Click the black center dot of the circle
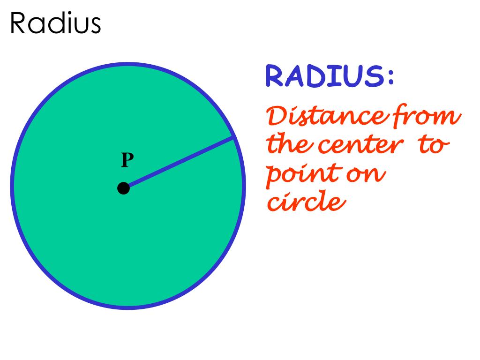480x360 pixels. [123, 188]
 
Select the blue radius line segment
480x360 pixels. [179, 163]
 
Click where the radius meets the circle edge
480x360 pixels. [233, 137]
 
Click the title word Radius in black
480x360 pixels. [56, 24]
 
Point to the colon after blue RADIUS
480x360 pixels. [390, 78]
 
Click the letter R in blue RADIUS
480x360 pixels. [276, 77]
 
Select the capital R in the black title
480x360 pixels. [19, 24]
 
